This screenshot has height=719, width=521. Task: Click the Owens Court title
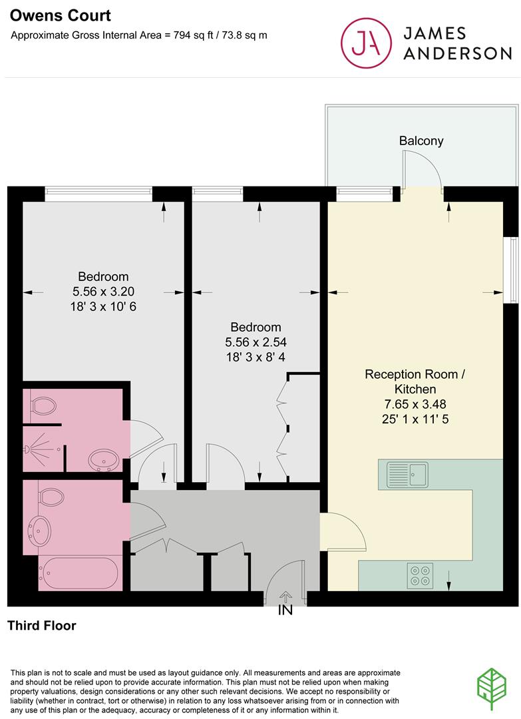[51, 15]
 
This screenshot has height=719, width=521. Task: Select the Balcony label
[421, 141]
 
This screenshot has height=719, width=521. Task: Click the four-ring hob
[420, 575]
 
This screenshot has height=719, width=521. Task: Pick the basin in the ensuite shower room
[103, 459]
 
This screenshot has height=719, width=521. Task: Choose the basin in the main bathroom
[39, 531]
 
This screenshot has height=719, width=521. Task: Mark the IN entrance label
[285, 609]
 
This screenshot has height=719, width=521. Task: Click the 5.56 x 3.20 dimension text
[102, 292]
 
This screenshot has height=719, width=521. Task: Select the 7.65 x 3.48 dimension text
[415, 405]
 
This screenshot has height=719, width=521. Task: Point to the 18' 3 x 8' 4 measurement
[256, 357]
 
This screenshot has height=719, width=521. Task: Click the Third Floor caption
[42, 626]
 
